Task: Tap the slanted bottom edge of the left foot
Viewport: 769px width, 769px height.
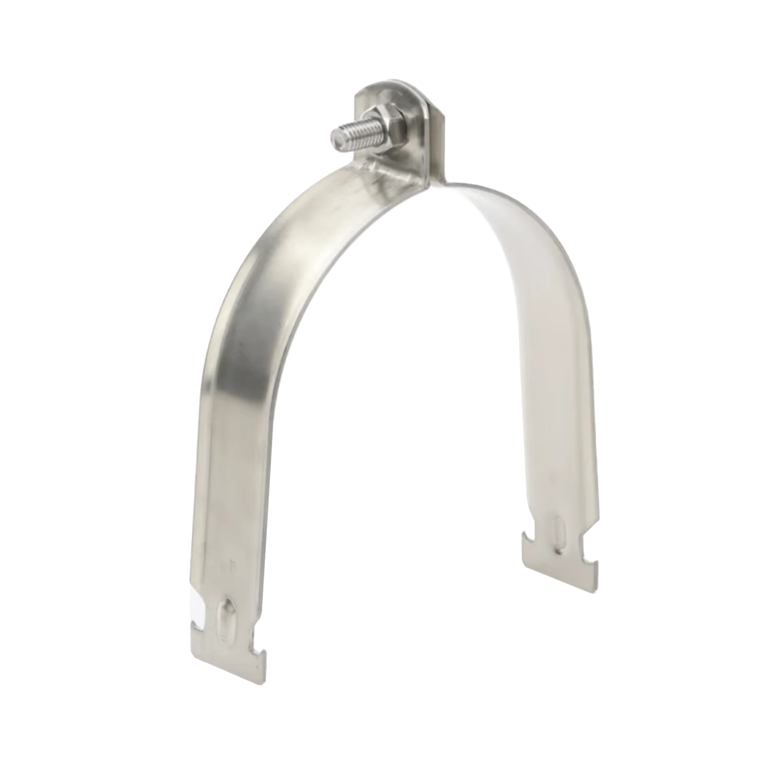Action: point(227,653)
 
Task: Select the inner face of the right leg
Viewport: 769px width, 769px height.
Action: point(549,358)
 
